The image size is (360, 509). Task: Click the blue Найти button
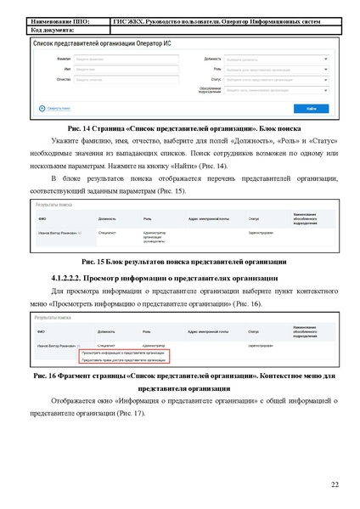pyautogui.click(x=312, y=109)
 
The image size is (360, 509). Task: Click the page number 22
pyautogui.click(x=335, y=484)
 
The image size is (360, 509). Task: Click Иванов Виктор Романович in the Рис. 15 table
pyautogui.click(x=61, y=231)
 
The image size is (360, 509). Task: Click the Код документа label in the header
pyautogui.click(x=54, y=29)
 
